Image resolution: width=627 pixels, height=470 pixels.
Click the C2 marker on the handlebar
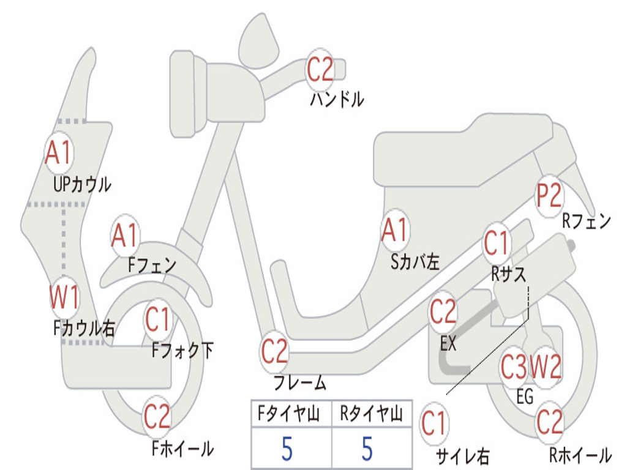[x=320, y=69]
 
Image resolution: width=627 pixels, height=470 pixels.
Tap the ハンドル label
[x=337, y=99]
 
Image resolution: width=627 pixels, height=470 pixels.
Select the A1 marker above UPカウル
[x=59, y=153]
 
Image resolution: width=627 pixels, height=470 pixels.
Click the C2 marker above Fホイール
[x=157, y=416]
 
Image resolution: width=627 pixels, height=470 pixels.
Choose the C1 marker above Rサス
[x=497, y=243]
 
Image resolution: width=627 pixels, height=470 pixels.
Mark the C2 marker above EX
[x=443, y=313]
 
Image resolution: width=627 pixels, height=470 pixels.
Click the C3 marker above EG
[x=514, y=368]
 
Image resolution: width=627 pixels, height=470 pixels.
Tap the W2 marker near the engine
[x=546, y=368]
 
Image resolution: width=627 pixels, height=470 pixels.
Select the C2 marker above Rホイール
[x=549, y=422]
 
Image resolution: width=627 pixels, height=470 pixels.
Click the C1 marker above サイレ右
[x=434, y=423]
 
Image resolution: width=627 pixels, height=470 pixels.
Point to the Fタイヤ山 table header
[x=291, y=415]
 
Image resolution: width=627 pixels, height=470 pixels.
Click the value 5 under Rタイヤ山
[x=367, y=449]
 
